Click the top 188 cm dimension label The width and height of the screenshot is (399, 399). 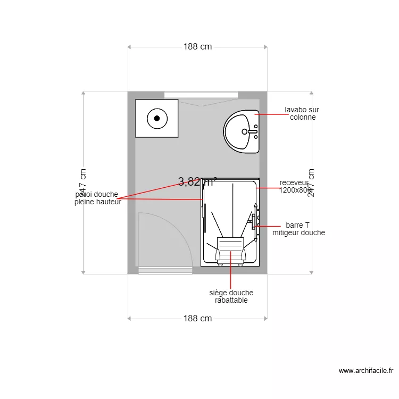[197, 46]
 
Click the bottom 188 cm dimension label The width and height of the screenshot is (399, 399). [197, 319]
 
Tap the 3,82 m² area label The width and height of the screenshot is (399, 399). [197, 182]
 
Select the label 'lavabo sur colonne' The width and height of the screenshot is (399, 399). [302, 113]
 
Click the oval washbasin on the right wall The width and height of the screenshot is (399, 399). [241, 131]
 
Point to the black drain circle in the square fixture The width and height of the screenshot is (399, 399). [157, 118]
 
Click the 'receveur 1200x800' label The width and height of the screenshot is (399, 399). [294, 186]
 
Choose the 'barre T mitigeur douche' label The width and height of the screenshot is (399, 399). [298, 229]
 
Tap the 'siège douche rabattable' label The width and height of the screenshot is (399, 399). [230, 296]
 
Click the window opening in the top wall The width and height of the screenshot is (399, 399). [201, 95]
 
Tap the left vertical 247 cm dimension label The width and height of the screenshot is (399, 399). [83, 182]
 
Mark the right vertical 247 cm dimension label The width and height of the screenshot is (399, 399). [311, 182]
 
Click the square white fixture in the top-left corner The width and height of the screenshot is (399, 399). [156, 118]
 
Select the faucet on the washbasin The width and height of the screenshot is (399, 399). [252, 131]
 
